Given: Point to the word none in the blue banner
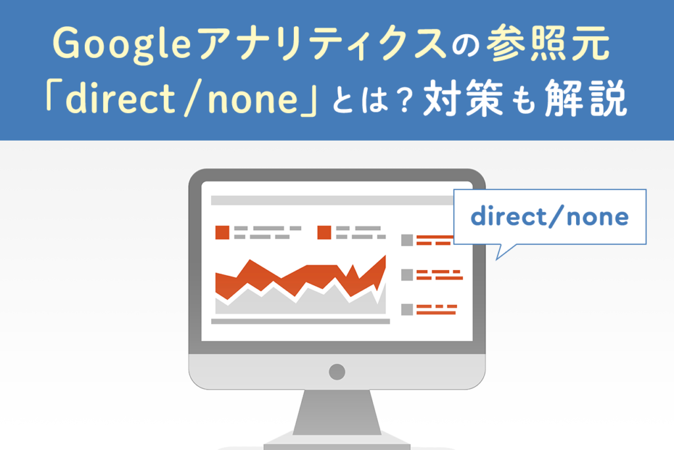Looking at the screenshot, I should pos(260,102).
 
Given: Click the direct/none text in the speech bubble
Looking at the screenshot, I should pos(550,217).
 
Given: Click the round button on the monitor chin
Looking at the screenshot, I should pos(337,371).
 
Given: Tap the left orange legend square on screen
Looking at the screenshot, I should pos(222,232).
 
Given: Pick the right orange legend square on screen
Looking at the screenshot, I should pos(324,232).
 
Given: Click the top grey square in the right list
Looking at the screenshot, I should pos(407,240).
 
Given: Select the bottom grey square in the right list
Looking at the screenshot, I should pos(407,309).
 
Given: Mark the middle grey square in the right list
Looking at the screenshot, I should pos(407,275).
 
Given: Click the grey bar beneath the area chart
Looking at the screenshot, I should pos(300,322).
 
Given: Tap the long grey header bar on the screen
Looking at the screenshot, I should pos(329,200).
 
